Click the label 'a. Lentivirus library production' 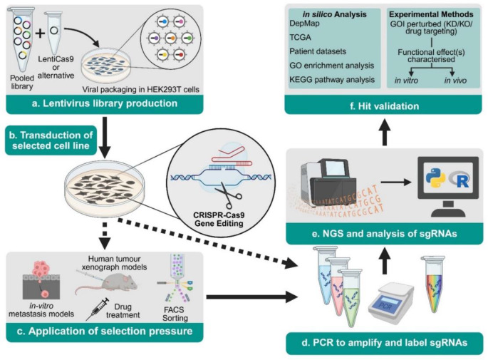click(x=105, y=103)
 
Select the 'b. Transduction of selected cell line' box click(x=51, y=140)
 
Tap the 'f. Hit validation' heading click(x=385, y=106)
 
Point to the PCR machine click(x=391, y=303)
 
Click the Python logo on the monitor click(x=436, y=178)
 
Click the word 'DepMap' click(x=304, y=24)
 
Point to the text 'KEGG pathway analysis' click(x=332, y=80)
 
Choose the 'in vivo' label click(x=455, y=81)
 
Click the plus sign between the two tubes click(x=40, y=33)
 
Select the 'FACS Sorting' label click(x=175, y=314)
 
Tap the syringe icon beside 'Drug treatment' click(x=97, y=309)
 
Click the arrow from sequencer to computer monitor click(x=396, y=182)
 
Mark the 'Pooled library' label click(x=22, y=82)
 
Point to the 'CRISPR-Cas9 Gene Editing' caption click(x=219, y=220)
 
